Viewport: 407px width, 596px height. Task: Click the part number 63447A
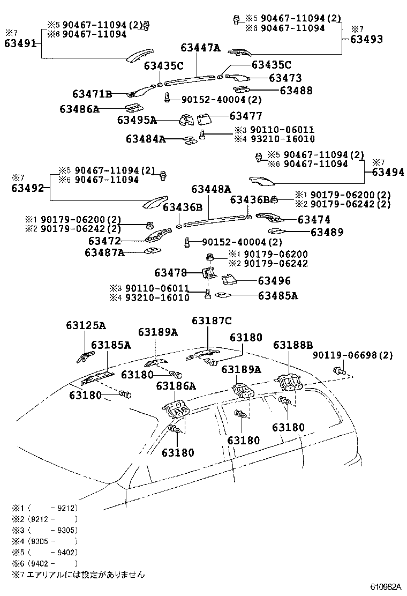pyautogui.click(x=200, y=48)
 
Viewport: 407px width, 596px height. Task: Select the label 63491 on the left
pyautogui.click(x=19, y=44)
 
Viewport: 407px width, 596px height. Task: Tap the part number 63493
pyautogui.click(x=367, y=39)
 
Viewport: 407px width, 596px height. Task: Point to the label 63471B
pyautogui.click(x=92, y=95)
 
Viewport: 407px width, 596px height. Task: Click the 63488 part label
pyautogui.click(x=296, y=91)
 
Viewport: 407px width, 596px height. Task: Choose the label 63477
pyautogui.click(x=246, y=116)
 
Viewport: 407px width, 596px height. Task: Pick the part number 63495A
pyautogui.click(x=137, y=120)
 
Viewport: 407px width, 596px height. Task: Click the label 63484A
pyautogui.click(x=146, y=139)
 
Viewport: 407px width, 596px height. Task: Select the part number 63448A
pyautogui.click(x=212, y=189)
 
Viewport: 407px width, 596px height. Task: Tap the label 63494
pyautogui.click(x=388, y=172)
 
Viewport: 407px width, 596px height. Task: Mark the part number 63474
pyautogui.click(x=314, y=220)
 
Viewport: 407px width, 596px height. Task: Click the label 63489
pyautogui.click(x=327, y=232)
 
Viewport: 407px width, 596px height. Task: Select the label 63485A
pyautogui.click(x=278, y=295)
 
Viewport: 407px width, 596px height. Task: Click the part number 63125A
pyautogui.click(x=86, y=325)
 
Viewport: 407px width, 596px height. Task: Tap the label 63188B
pyautogui.click(x=293, y=344)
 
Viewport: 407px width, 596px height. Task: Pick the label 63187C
pyautogui.click(x=212, y=321)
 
